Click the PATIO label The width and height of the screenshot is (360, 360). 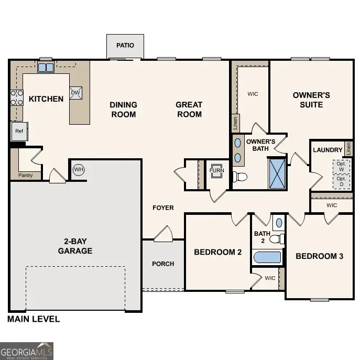[x=125, y=46]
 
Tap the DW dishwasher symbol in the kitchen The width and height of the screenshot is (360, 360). [x=75, y=93]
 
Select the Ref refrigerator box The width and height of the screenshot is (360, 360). [x=19, y=131]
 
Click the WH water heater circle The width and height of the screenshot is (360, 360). [x=79, y=169]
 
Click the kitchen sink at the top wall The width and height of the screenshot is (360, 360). [x=46, y=67]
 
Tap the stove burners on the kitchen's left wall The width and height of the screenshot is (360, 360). [x=17, y=97]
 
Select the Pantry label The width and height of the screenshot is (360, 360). [x=26, y=175]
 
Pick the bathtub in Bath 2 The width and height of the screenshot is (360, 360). [x=267, y=257]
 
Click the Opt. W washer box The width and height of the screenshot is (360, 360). [x=341, y=166]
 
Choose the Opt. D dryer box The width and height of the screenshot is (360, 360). [x=341, y=181]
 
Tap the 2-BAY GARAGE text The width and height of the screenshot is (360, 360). [x=75, y=246]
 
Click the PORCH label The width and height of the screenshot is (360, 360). [x=163, y=264]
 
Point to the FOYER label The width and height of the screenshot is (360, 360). [x=163, y=208]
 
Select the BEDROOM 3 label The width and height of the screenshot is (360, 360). [x=319, y=256]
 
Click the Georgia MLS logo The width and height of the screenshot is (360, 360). [x=27, y=351]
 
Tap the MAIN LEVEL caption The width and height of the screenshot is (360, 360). [x=34, y=319]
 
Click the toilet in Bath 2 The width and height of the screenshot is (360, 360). [x=276, y=239]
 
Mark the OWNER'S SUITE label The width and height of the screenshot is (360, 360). [x=311, y=100]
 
